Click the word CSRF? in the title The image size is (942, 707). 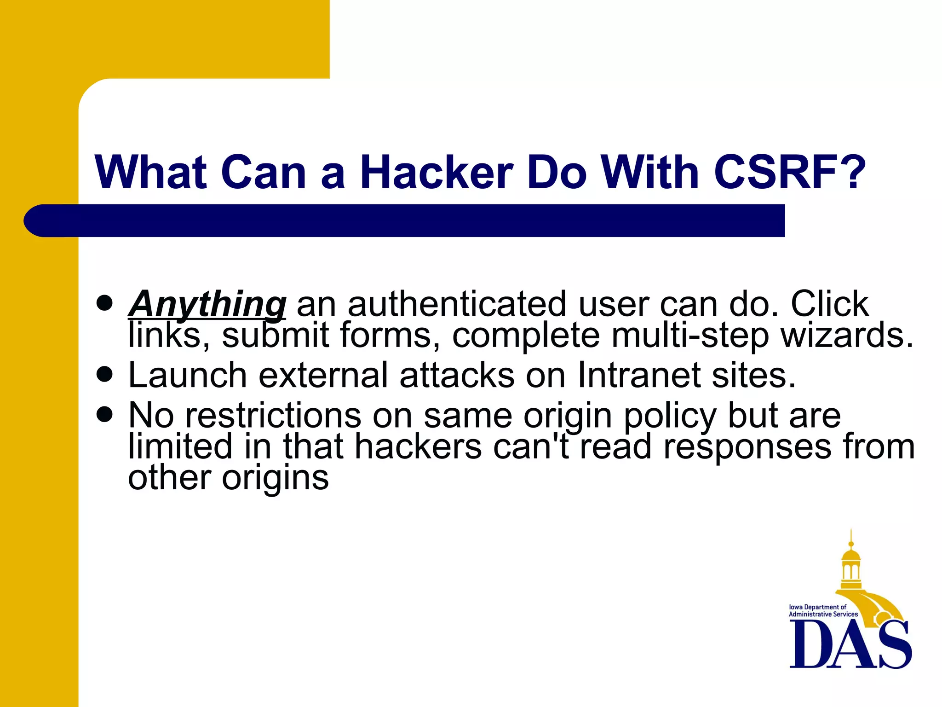point(789,172)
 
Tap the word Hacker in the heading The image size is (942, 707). point(436,172)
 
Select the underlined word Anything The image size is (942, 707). point(207,304)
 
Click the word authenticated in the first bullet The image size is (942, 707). point(457,304)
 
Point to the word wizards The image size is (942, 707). point(847,335)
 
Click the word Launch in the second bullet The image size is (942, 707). point(188,375)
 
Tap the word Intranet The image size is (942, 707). point(639,375)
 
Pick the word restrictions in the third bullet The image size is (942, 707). point(273,416)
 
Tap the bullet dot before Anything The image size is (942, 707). point(105,303)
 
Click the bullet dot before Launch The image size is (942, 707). point(105,375)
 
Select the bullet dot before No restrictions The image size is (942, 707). point(105,414)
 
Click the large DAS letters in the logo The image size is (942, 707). point(850,644)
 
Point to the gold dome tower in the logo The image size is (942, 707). point(851,566)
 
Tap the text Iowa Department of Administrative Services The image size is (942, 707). point(823,611)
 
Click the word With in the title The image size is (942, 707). point(650,172)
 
